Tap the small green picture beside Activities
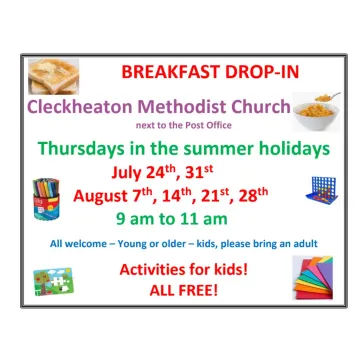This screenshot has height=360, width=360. click(53, 280)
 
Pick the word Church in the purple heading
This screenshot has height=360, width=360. click(262, 106)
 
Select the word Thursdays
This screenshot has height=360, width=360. click(86, 149)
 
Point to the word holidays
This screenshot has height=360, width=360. click(288, 149)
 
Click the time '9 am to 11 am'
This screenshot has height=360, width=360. click(171, 217)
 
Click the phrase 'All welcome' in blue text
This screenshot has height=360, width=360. click(78, 243)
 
